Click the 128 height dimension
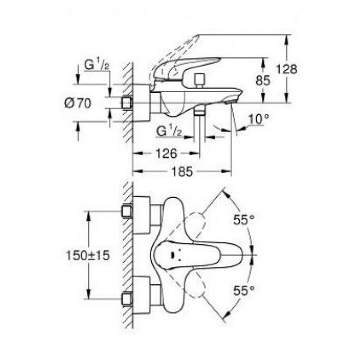pos(287,69)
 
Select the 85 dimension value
pos(263,81)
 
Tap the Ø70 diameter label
pos(77,103)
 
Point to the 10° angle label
pos(259,119)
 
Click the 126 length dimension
pos(166,153)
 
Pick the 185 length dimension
pos(182,171)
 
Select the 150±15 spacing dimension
pos(88,256)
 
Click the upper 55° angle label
pos(244,220)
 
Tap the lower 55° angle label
pos(244,290)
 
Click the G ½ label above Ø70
pos(96,65)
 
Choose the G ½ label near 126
pos(169,131)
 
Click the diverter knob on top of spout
pos(199,80)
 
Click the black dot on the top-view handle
pos(173,254)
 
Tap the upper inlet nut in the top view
pos(127,211)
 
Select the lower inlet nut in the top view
pos(127,299)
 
